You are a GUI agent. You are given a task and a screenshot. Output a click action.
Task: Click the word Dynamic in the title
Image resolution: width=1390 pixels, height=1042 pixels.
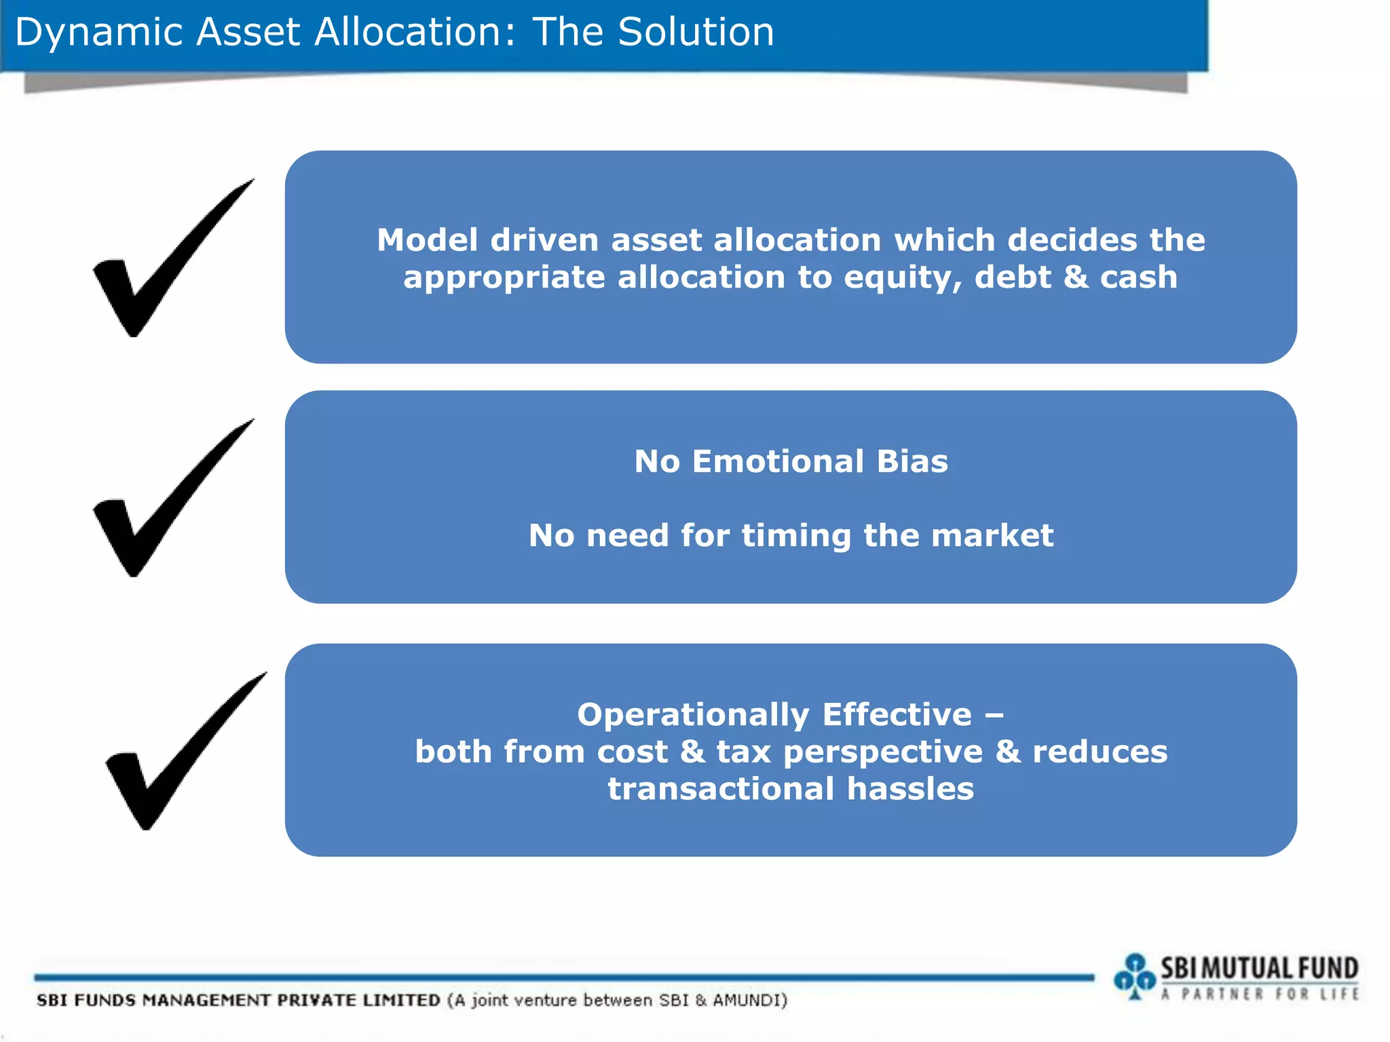pyautogui.click(x=98, y=33)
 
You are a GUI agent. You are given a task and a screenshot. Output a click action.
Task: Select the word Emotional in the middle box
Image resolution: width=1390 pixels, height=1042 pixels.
pyautogui.click(x=778, y=462)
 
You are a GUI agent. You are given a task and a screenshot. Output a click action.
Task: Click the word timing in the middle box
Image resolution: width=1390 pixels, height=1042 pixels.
pyautogui.click(x=796, y=536)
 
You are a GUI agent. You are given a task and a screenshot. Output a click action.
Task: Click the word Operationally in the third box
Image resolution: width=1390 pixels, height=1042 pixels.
pyautogui.click(x=693, y=715)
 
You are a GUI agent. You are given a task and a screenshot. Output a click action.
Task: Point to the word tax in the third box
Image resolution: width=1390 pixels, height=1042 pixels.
pyautogui.click(x=743, y=752)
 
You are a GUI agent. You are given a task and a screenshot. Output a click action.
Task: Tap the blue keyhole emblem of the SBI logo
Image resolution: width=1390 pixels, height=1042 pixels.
pyautogui.click(x=1134, y=976)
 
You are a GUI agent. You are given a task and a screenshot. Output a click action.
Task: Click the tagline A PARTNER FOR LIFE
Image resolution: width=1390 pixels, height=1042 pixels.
pyautogui.click(x=1260, y=995)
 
